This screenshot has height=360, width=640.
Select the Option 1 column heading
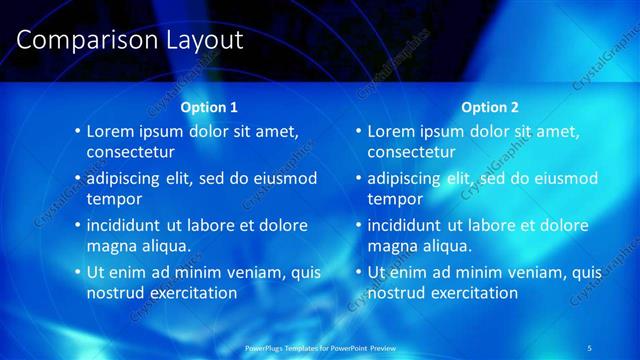(x=209, y=106)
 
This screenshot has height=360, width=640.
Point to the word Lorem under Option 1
(x=110, y=131)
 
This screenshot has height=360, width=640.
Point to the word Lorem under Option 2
(x=391, y=131)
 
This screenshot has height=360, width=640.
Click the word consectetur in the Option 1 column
(x=131, y=152)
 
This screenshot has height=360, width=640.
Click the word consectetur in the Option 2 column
(x=412, y=152)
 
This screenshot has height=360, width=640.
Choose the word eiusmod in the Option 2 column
(x=566, y=178)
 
